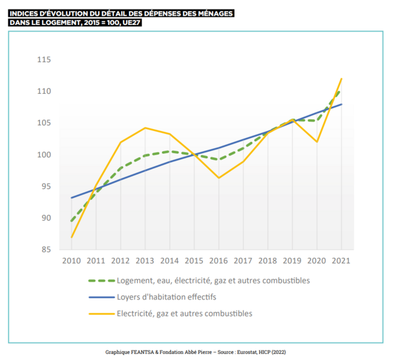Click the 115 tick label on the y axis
44,60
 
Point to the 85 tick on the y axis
45,249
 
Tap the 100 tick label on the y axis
44,155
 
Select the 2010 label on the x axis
72,261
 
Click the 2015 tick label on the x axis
194,261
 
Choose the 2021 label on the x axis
341,261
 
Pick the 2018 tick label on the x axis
268,261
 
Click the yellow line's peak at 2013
145,128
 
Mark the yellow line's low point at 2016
219,178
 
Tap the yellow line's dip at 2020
317,142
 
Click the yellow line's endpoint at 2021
341,78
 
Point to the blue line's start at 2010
72,197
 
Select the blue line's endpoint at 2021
341,104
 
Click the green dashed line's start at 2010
72,221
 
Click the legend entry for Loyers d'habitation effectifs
166,297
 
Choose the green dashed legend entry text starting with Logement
213,280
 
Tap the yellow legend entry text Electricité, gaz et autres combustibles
185,313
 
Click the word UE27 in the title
133,23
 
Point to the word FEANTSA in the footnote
139,352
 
